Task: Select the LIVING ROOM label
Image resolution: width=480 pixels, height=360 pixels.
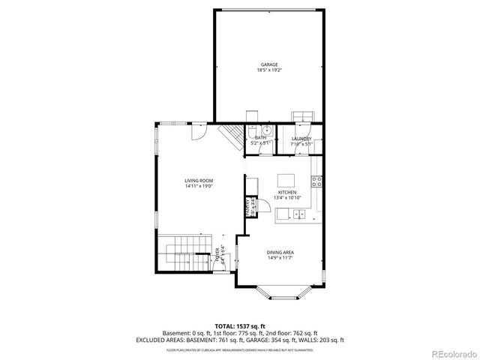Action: point(199,180)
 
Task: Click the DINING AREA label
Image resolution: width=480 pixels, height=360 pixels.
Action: point(278,253)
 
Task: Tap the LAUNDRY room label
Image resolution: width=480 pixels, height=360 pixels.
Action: point(301,139)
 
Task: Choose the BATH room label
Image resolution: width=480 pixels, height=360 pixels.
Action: point(260,138)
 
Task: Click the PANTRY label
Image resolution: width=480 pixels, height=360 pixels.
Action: point(246,205)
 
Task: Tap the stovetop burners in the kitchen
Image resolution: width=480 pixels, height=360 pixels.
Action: point(317,180)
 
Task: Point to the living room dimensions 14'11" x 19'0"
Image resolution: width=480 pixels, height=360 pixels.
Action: point(199,186)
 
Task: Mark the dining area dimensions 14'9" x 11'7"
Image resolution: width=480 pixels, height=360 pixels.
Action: point(278,259)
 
